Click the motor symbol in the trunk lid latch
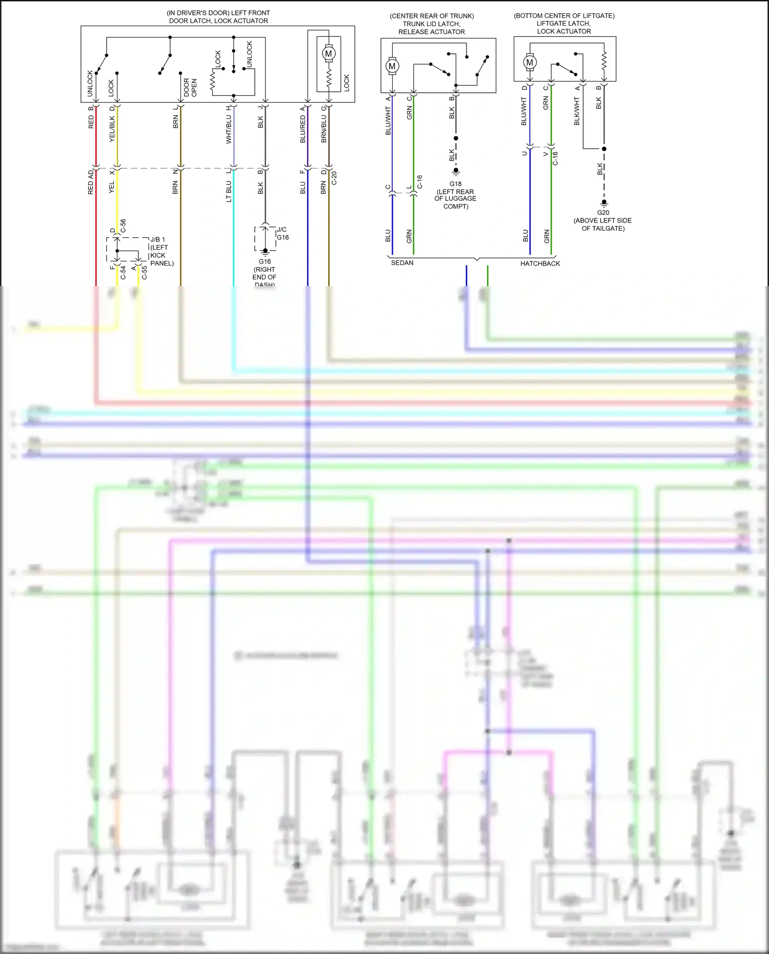point(392,66)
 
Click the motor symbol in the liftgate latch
point(530,63)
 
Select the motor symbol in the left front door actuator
point(329,53)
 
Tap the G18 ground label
point(455,184)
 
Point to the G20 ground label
point(603,213)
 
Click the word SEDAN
point(402,263)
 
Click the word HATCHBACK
point(540,263)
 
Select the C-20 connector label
point(334,178)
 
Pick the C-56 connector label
point(123,226)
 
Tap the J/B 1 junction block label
point(158,239)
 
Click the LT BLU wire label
point(229,191)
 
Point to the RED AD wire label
point(91,182)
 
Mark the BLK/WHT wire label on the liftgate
point(577,112)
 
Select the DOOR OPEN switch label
point(190,88)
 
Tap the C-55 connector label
point(144,273)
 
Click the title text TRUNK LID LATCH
point(431,24)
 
